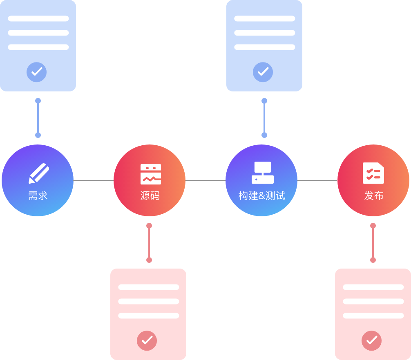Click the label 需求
38,196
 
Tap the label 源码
150,196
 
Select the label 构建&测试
261,196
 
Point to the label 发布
373,196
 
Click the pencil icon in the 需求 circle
38,173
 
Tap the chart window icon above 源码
150,174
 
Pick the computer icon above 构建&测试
262,173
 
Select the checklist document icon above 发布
373,173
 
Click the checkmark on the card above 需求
36,72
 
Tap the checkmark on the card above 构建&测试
263,72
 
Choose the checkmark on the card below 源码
147,340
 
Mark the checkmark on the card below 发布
371,340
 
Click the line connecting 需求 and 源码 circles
94,180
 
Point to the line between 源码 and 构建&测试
205,180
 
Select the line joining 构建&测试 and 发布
317,180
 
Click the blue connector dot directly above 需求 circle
38,135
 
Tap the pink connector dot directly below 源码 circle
149,226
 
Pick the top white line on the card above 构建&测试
264,18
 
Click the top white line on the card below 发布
373,287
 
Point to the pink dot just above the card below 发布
373,260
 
